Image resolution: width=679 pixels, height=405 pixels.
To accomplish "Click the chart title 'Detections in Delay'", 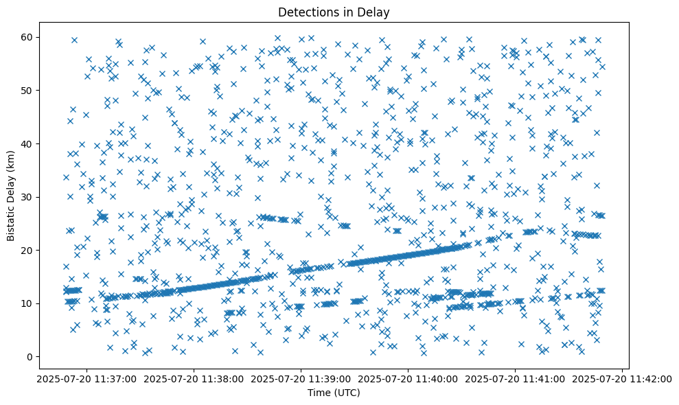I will pyautogui.click(x=333, y=12).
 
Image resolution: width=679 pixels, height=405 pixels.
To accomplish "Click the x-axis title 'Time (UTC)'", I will pyautogui.click(x=333, y=393).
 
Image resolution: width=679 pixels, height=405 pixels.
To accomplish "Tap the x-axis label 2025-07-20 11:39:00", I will pyautogui.click(x=301, y=378).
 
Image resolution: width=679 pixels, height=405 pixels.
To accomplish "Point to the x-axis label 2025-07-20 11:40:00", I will pyautogui.click(x=408, y=378).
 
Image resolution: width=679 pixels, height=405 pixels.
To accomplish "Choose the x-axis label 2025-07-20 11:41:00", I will pyautogui.click(x=516, y=378).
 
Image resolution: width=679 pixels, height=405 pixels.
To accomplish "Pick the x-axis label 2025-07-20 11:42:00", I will pyautogui.click(x=623, y=378).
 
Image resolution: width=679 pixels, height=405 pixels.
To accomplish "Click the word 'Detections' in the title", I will pyautogui.click(x=304, y=12).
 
